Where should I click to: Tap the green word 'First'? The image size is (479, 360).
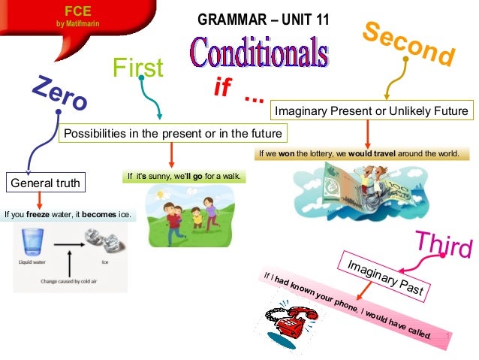tap(137, 68)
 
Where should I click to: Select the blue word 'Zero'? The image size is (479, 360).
tap(59, 95)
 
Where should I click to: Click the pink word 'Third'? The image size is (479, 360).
tap(444, 244)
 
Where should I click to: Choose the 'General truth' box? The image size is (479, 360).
tap(44, 182)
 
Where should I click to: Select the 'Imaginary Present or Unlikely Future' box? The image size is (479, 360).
tap(372, 111)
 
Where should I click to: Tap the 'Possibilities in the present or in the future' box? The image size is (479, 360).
tap(173, 134)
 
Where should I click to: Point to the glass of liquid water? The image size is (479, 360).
tap(32, 244)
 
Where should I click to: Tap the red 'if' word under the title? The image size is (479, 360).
tap(222, 89)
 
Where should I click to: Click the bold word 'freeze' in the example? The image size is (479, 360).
tap(38, 214)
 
